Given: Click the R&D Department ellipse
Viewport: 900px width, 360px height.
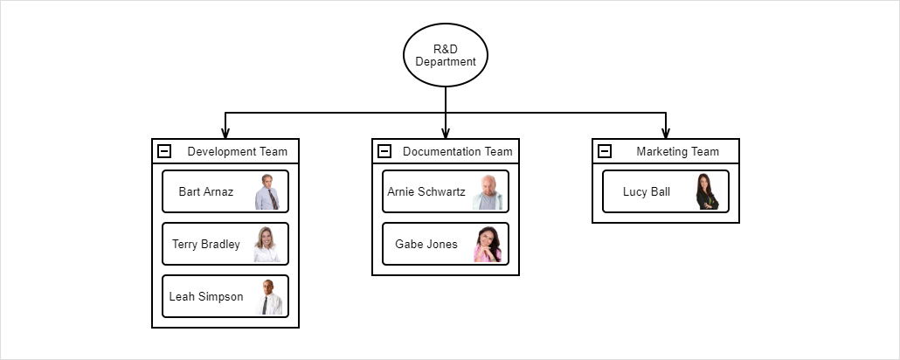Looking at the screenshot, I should click(x=446, y=55).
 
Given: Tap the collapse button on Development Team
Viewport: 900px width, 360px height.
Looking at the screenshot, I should click(x=164, y=151).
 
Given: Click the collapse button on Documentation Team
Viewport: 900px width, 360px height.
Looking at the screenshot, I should click(x=384, y=151).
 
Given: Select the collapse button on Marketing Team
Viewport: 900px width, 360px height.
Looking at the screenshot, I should click(x=605, y=151).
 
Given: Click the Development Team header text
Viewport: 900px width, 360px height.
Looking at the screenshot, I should click(x=237, y=151).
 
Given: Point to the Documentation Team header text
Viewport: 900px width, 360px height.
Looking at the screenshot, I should click(x=457, y=151).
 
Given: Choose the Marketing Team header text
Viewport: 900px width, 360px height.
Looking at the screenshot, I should click(x=677, y=151).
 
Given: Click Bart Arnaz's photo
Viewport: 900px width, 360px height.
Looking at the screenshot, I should click(x=268, y=192).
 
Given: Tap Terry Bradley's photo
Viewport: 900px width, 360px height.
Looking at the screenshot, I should click(x=267, y=245).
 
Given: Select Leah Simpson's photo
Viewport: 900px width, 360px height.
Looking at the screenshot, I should click(x=270, y=297).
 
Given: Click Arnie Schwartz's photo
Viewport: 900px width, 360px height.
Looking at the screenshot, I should click(x=488, y=192).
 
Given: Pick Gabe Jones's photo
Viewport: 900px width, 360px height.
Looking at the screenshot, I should click(x=488, y=245).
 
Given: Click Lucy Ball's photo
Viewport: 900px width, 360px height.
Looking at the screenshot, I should click(x=707, y=192).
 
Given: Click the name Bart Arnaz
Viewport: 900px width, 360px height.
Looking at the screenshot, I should click(x=205, y=192).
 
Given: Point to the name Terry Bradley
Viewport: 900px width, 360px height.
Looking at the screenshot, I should click(x=205, y=245).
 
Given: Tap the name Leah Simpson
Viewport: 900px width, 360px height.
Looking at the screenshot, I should click(x=206, y=297).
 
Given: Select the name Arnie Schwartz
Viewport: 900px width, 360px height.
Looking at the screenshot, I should click(x=426, y=192).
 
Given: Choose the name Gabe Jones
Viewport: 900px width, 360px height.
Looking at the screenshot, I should click(x=426, y=245).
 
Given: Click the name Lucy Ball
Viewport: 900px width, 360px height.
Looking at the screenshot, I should click(x=647, y=192).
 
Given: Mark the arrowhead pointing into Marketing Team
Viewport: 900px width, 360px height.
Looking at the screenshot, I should click(x=666, y=134).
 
